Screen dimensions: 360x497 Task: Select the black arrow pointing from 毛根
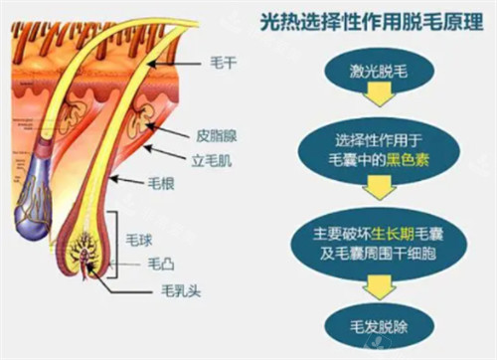tap(129, 180)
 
